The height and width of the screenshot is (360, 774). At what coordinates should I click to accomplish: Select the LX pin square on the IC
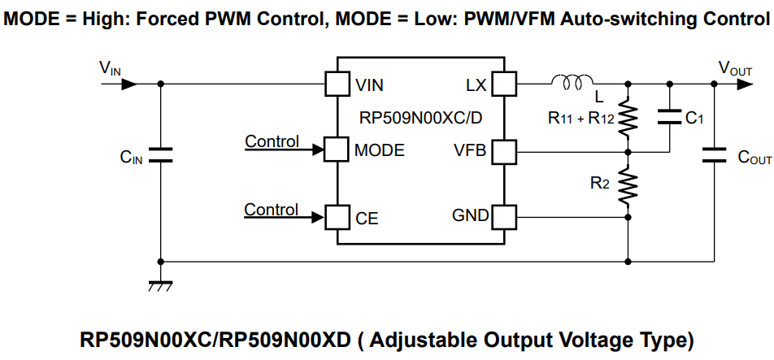(504, 83)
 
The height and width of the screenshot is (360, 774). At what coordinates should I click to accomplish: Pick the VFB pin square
(504, 150)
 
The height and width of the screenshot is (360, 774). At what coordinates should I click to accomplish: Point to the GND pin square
(504, 216)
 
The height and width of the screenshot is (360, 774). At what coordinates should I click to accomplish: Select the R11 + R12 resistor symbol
(628, 116)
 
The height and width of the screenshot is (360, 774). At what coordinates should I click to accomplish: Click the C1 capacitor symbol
(670, 117)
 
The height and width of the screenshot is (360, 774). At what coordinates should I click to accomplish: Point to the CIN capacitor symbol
(160, 155)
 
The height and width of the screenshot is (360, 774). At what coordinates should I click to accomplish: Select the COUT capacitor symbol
(714, 155)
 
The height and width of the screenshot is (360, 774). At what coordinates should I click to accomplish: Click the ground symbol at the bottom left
(160, 285)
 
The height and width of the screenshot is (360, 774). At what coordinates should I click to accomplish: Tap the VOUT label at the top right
(735, 68)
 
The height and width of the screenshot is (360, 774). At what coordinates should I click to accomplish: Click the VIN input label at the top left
(110, 68)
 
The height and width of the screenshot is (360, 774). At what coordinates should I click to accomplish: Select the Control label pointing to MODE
(272, 141)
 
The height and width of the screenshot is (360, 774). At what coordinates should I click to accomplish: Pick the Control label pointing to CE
(272, 210)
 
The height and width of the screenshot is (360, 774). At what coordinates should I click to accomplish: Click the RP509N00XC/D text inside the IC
(420, 117)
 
